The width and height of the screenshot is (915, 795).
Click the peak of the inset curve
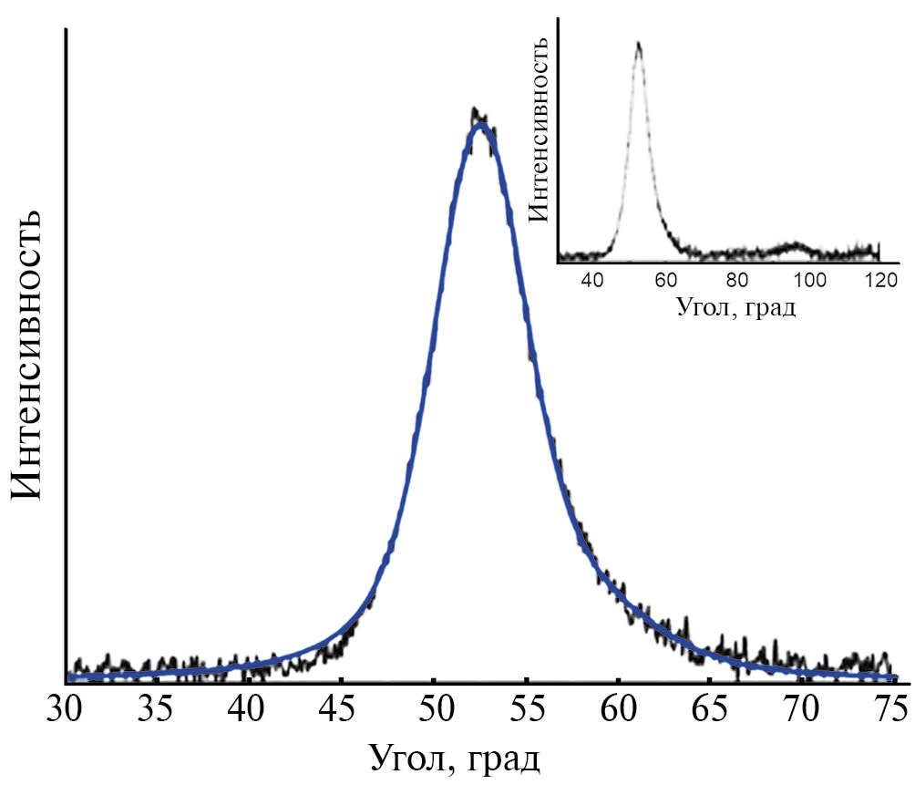pyautogui.click(x=639, y=43)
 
